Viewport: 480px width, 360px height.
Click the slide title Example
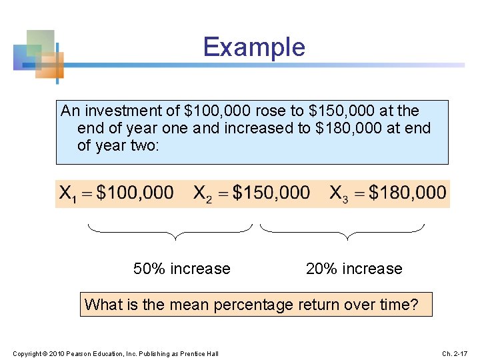(x=254, y=47)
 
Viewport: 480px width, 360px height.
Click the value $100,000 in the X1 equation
(x=135, y=193)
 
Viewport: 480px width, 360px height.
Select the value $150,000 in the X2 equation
(x=271, y=193)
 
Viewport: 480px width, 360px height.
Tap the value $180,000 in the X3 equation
(x=407, y=193)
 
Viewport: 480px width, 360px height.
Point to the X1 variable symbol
(x=67, y=195)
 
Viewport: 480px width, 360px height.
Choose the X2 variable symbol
(x=203, y=195)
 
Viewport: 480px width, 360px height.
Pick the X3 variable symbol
(x=339, y=195)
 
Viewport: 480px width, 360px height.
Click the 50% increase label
(x=181, y=269)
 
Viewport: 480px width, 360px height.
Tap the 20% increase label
(x=354, y=269)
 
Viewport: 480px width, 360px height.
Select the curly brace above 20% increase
(x=342, y=231)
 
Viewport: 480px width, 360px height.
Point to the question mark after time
(x=415, y=305)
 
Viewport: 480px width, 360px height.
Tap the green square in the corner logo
(x=41, y=42)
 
